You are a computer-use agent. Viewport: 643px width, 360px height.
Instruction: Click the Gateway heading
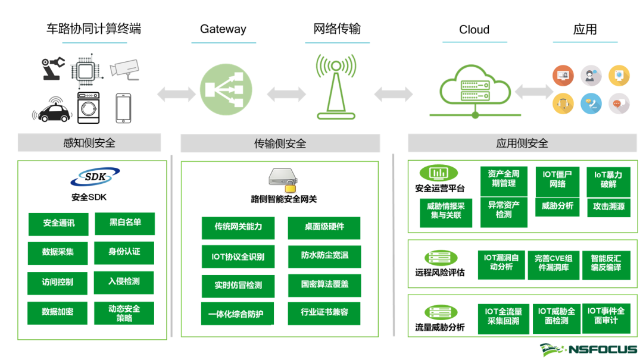point(223,29)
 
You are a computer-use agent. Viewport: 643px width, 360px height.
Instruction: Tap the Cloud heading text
point(474,30)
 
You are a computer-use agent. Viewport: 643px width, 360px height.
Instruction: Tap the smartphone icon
point(123,108)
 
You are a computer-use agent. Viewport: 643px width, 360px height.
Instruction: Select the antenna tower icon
point(336,85)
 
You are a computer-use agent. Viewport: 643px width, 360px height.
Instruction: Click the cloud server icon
point(475,90)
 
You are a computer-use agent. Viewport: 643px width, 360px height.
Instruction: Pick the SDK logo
point(94,177)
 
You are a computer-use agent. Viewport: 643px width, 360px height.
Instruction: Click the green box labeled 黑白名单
point(125,223)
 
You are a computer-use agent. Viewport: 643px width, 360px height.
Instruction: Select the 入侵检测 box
point(124,281)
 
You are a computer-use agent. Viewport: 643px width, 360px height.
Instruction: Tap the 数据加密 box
point(58,312)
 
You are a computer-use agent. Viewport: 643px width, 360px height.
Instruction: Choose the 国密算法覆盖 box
point(324,284)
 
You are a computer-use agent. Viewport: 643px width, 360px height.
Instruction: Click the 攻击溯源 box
point(608,206)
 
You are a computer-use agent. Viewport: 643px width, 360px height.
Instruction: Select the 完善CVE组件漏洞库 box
point(553,263)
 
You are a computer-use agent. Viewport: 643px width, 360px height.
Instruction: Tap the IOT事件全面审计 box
point(605,316)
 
